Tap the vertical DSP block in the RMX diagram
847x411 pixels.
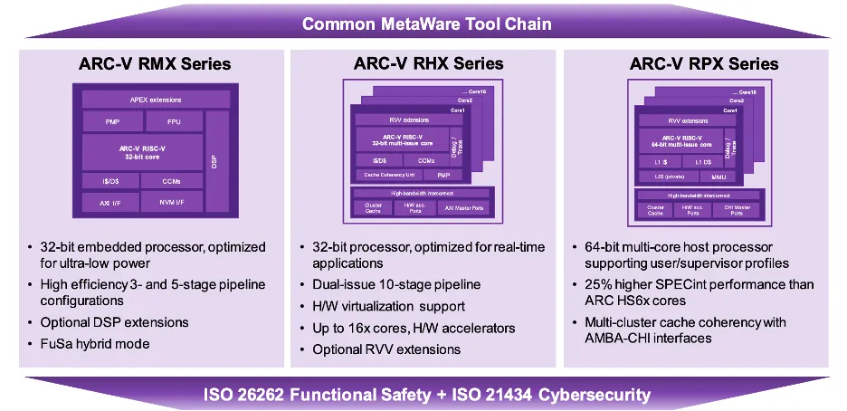tap(215, 162)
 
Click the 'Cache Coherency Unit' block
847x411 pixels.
tap(385, 175)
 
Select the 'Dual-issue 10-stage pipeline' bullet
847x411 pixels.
tap(396, 284)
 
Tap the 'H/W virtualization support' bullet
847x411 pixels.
tap(389, 306)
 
